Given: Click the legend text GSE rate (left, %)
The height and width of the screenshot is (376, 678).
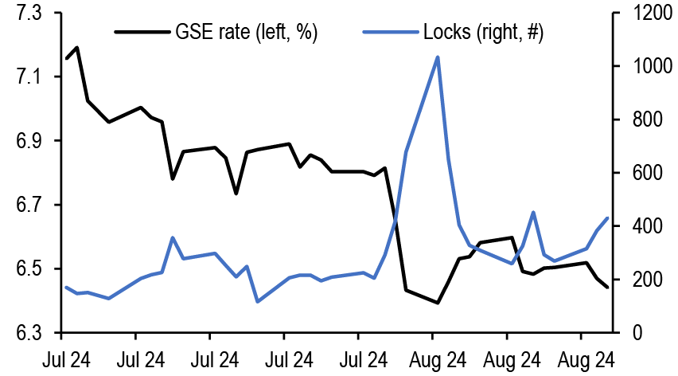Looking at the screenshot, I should tap(246, 33).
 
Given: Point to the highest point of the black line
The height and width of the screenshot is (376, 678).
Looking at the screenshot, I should tap(77, 48).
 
